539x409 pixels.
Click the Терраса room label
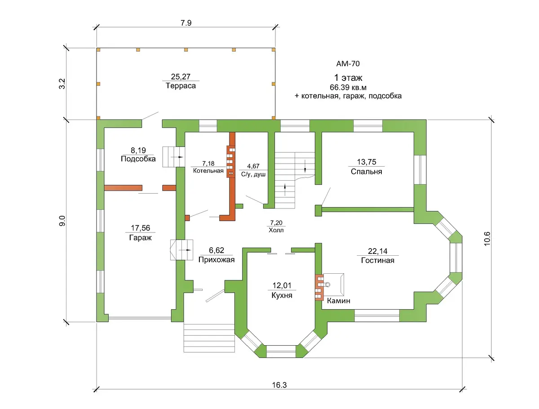(x=181, y=86)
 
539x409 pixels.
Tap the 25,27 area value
(x=181, y=76)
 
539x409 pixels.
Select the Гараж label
(x=140, y=238)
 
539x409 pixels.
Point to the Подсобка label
(x=138, y=159)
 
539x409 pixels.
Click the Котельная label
(x=208, y=171)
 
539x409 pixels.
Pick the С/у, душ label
(x=253, y=174)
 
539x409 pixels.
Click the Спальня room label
(x=366, y=171)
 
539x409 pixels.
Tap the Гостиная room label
(x=377, y=260)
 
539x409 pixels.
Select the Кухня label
(x=282, y=295)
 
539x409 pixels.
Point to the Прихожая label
(x=216, y=260)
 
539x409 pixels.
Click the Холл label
(x=276, y=230)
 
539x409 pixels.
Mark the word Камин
(x=338, y=301)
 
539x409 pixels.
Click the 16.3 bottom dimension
(x=279, y=385)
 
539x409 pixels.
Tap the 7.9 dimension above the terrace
(x=186, y=23)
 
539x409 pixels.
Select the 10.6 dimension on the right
(x=487, y=239)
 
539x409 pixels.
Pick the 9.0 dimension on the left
(x=62, y=221)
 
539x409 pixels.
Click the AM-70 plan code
(x=348, y=64)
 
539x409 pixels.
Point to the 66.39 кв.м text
(x=348, y=88)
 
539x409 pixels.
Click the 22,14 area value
(x=377, y=251)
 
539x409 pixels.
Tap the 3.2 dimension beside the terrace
(x=62, y=84)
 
